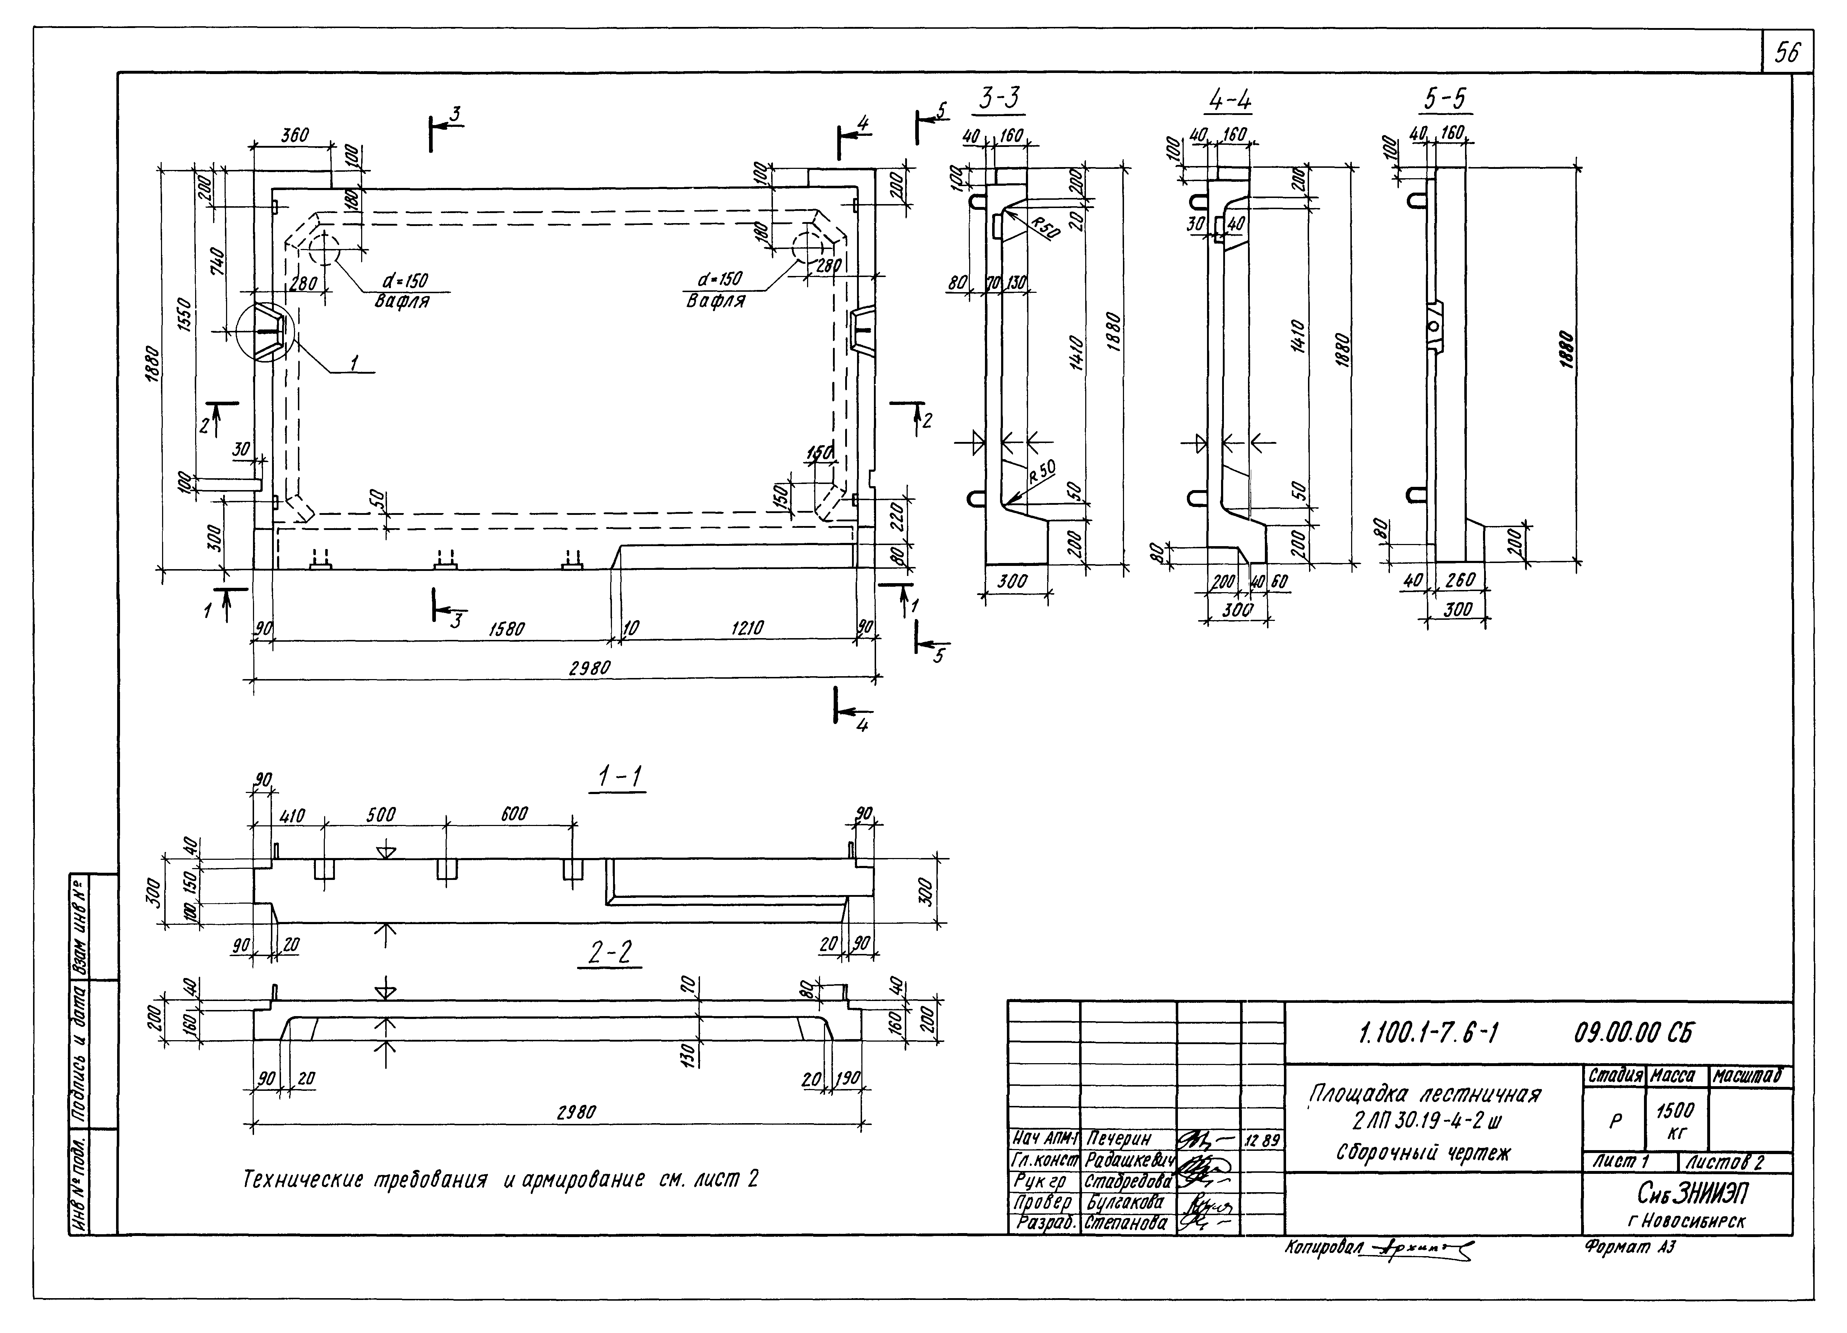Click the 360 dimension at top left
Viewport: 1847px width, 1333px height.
(295, 135)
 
